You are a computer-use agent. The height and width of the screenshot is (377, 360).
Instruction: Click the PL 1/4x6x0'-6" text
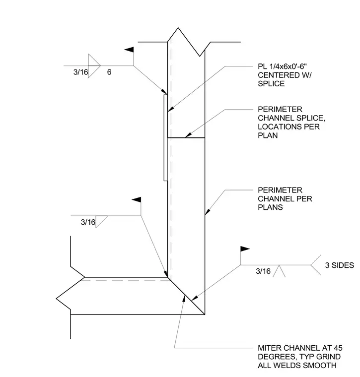(x=282, y=66)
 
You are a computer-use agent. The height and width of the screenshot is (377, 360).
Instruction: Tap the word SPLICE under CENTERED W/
(x=271, y=84)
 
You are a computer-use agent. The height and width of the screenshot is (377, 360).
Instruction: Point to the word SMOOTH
(x=320, y=366)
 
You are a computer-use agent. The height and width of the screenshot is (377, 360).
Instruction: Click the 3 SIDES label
(x=340, y=265)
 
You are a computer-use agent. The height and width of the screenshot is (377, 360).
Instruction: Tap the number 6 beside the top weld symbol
(x=109, y=72)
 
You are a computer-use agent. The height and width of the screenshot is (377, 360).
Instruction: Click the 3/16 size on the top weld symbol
(x=80, y=72)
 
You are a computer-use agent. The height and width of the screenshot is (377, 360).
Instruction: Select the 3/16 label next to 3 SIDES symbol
(x=263, y=271)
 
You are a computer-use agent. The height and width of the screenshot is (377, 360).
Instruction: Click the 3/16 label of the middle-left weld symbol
(x=88, y=222)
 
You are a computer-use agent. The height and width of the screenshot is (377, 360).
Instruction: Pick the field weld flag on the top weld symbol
(x=129, y=50)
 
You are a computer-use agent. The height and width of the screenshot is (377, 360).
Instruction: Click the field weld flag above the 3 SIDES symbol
(x=245, y=249)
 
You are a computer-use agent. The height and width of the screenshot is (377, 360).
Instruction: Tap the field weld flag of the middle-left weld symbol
(x=136, y=199)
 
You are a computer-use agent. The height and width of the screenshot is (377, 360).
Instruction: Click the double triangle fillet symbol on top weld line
(x=94, y=65)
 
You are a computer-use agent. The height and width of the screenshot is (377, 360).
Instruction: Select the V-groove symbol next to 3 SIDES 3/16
(x=279, y=271)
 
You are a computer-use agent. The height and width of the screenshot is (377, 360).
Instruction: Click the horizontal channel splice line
(x=186, y=138)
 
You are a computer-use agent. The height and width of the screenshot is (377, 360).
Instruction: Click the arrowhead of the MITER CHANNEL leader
(x=184, y=298)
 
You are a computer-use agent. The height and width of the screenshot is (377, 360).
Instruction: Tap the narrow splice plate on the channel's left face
(x=165, y=137)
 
